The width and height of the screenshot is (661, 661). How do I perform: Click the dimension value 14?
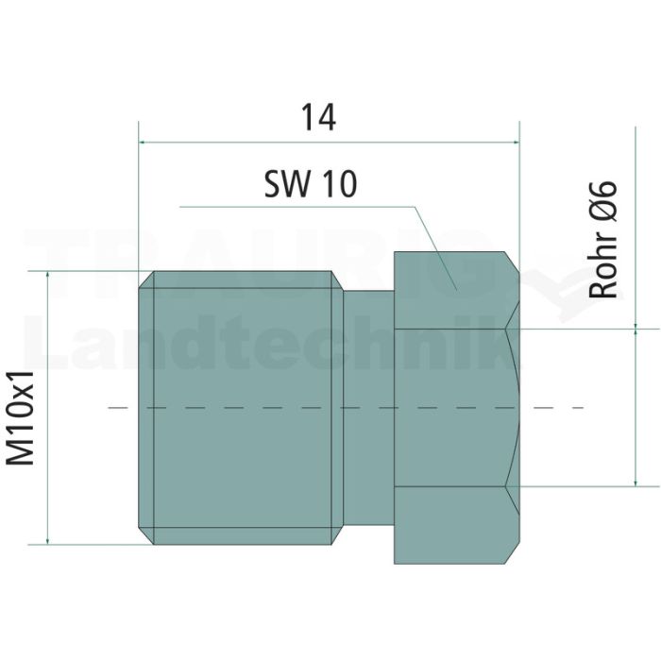[319, 118]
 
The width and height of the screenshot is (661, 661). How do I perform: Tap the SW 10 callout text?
[311, 184]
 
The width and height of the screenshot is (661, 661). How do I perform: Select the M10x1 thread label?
[20, 418]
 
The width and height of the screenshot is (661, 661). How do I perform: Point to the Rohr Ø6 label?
[602, 240]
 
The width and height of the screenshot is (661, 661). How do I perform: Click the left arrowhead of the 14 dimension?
[142, 143]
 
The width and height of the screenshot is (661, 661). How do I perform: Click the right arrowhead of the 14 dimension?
[516, 143]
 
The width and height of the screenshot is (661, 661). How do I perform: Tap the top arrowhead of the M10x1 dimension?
[47, 275]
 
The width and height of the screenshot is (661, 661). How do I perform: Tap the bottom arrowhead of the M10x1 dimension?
[47, 541]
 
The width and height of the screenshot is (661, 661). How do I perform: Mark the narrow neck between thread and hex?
[369, 408]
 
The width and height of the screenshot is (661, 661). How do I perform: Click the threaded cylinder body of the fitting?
[241, 408]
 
